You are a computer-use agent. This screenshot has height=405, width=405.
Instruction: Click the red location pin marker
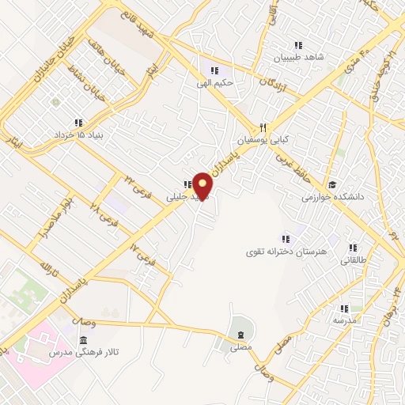203,186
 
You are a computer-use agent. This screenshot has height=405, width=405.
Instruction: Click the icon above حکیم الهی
212,66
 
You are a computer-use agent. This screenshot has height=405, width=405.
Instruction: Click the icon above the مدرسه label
345,309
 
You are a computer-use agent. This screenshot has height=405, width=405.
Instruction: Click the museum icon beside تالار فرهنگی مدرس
83,340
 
